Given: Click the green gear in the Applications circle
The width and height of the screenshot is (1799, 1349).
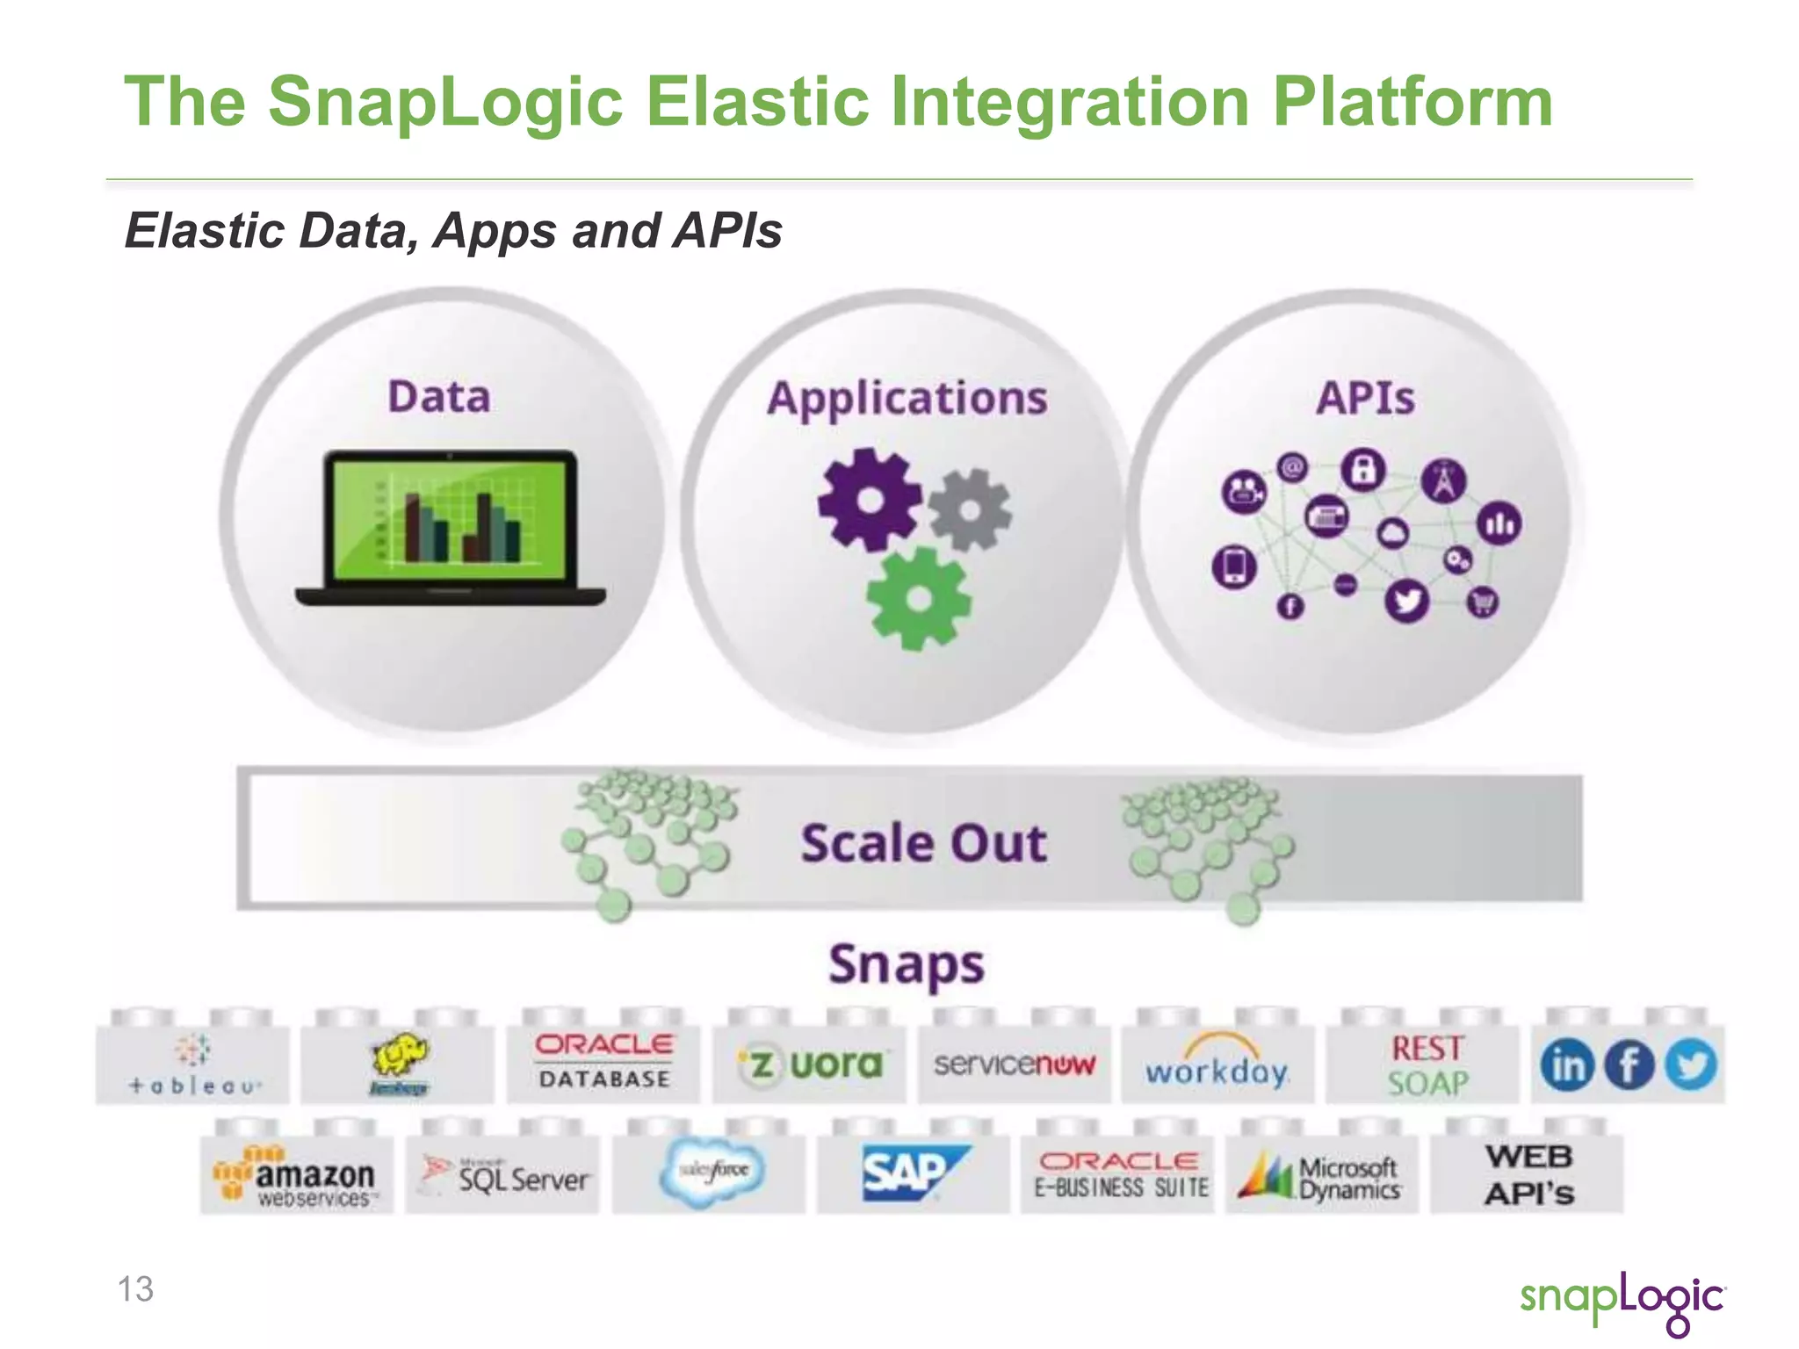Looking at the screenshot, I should coord(919,599).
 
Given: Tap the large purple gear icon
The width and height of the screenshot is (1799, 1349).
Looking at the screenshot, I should coord(870,499).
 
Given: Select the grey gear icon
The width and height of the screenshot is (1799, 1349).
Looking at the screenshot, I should coord(970,509).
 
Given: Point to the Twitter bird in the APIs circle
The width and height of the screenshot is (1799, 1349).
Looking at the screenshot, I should coord(1407,602).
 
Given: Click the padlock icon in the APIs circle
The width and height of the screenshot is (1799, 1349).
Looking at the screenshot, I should coord(1362,470).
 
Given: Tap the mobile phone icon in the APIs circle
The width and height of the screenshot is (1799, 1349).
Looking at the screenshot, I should coord(1234,566).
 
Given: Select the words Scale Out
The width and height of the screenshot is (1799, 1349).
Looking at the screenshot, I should coord(923,843).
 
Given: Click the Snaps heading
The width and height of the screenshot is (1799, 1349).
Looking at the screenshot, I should coord(907,964).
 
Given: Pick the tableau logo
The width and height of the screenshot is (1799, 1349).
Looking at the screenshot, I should coord(193,1064).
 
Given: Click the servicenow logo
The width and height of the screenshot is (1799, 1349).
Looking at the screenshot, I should coord(1014,1064).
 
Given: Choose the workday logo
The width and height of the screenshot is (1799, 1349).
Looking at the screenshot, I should coord(1217,1066).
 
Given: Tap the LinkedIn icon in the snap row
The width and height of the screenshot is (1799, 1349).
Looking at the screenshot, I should coord(1566,1065).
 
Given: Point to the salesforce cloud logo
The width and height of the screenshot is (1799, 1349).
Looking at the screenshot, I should coord(712,1171).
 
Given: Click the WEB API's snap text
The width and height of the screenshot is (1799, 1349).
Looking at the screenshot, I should coord(1528,1175).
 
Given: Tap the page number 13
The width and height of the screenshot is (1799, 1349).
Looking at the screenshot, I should coord(135,1288).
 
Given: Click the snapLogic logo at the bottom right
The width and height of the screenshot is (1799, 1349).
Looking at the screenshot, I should coord(1622,1300).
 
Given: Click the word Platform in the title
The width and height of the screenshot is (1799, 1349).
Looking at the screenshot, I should coord(1412,102).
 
